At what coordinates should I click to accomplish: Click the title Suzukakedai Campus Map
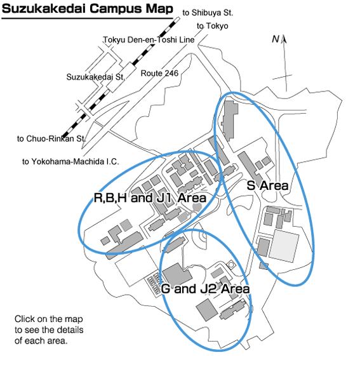point(88,9)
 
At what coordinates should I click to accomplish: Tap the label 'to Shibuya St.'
point(208,13)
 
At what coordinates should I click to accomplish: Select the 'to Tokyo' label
point(212,26)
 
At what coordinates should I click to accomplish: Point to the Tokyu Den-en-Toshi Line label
point(149,40)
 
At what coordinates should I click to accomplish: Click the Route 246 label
point(159,73)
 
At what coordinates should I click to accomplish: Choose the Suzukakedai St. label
point(95,77)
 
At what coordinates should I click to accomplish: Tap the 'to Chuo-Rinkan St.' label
point(51,138)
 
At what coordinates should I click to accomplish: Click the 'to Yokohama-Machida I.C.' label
point(70,161)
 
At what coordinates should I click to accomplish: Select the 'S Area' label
point(267,185)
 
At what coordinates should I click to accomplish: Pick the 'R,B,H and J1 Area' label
point(150,197)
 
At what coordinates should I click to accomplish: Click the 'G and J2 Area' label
point(205,289)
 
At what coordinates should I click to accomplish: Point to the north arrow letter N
point(276,39)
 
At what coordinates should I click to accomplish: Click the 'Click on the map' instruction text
point(49,319)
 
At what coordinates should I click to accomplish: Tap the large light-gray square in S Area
point(284,246)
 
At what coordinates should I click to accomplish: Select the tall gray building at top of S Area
point(229,121)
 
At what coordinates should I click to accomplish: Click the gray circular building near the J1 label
point(197,207)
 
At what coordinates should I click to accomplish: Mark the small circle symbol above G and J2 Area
point(231,265)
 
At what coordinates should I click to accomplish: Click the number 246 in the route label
point(171,73)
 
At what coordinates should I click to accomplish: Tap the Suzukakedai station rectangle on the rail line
point(121,77)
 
